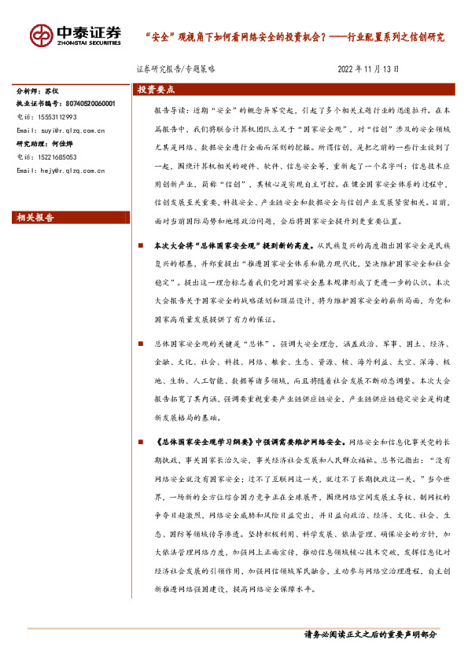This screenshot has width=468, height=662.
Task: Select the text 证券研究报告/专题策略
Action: coord(175,69)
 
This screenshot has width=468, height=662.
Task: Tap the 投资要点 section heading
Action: coord(156,90)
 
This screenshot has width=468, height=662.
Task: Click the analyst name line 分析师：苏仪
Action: coord(39,92)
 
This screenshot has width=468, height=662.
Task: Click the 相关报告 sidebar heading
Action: coord(35,218)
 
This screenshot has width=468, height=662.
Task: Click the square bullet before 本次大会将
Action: coord(140,247)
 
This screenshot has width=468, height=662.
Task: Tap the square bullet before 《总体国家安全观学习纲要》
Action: coord(140,443)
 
